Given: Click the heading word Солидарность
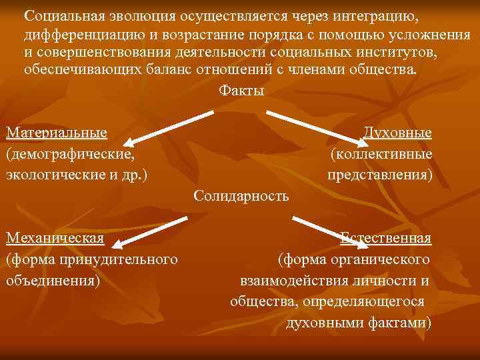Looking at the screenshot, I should tap(241, 196).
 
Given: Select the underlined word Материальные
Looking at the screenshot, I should tap(57, 133).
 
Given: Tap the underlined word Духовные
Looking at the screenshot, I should tap(397, 133).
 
